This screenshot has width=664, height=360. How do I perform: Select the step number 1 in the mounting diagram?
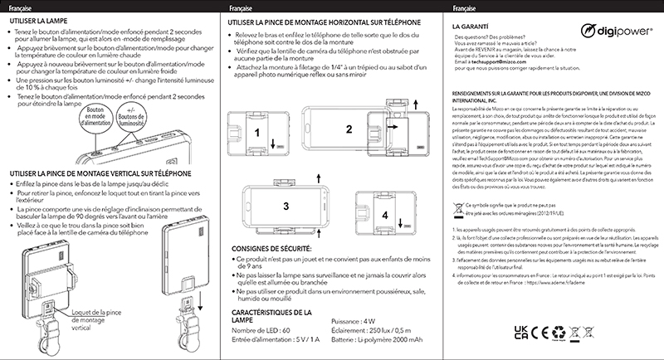(x=258, y=131)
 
